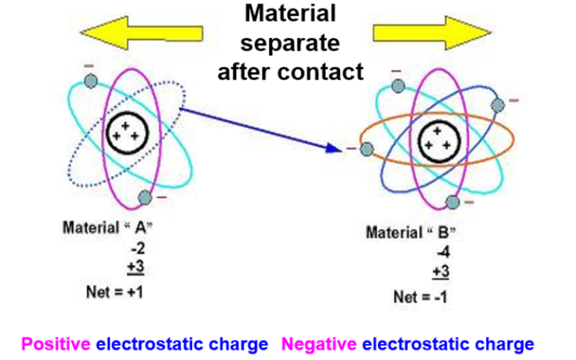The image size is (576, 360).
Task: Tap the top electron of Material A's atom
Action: point(91,80)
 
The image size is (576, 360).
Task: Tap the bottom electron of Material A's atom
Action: point(144,197)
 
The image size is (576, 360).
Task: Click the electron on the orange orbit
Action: point(366,149)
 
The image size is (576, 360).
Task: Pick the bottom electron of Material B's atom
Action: point(451,202)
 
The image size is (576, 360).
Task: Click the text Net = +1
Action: point(115,291)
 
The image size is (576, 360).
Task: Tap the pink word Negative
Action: point(319,344)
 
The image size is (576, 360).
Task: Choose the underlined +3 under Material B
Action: point(442,271)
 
